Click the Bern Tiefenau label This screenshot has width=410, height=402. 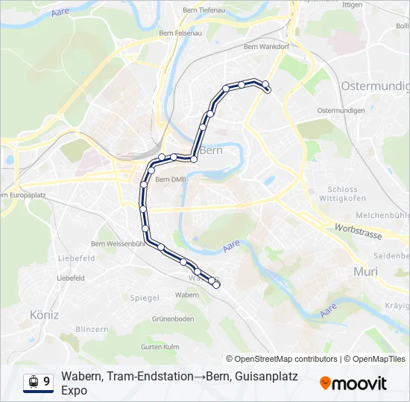tap(205, 10)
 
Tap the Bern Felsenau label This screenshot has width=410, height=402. tap(180, 33)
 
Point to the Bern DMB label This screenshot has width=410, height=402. tap(171, 179)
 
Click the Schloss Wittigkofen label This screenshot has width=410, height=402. tap(342, 194)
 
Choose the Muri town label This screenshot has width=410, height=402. tap(366, 272)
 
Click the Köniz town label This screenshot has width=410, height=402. tap(44, 315)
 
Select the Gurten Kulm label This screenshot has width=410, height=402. tap(160, 347)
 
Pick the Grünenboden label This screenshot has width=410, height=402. tap(173, 319)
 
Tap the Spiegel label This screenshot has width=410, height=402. tap(145, 298)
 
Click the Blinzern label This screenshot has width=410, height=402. tap(92, 329)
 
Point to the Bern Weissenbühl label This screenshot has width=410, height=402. tap(118, 243)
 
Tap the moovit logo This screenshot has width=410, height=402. tap(353, 383)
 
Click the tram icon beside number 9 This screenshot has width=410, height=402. tap(33, 382)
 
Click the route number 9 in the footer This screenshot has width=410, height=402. tap(47, 382)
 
